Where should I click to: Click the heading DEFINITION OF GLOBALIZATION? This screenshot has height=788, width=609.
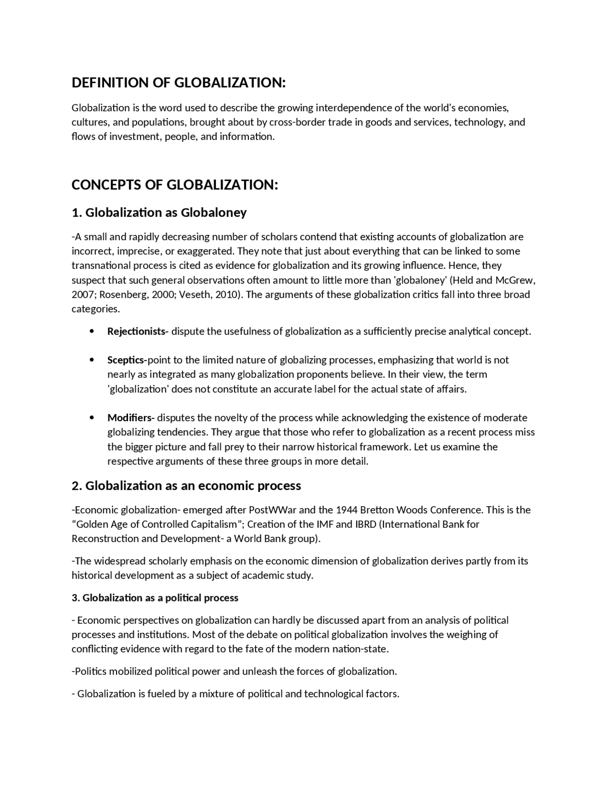click(x=178, y=83)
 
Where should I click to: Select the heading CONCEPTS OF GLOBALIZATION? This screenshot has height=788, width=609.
click(x=175, y=185)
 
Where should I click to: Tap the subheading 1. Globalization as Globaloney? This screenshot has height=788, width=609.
click(x=159, y=212)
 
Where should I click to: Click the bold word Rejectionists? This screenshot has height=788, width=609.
click(x=137, y=331)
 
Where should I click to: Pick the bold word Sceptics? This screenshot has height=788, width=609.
click(x=127, y=360)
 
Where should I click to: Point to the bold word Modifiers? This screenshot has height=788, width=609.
click(x=130, y=418)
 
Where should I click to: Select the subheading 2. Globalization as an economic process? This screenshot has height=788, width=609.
click(x=186, y=486)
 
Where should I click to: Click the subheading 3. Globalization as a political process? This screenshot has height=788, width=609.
click(x=155, y=598)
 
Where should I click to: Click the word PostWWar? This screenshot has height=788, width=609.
click(x=273, y=510)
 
